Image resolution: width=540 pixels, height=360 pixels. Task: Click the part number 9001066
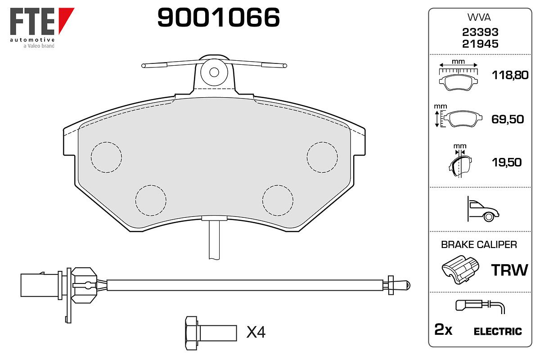(x=218, y=17)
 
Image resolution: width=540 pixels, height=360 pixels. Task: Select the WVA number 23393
(x=480, y=32)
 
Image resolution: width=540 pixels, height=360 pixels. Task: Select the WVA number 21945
(x=480, y=44)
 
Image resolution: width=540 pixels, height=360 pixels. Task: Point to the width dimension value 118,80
(x=510, y=75)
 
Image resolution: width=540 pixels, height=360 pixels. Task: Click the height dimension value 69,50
(x=508, y=119)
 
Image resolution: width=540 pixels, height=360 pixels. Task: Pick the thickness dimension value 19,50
(x=507, y=162)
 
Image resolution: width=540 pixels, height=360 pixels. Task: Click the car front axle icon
(x=483, y=209)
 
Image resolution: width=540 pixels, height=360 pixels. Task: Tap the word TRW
(x=509, y=270)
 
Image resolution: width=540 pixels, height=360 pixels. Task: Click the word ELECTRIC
(x=498, y=332)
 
